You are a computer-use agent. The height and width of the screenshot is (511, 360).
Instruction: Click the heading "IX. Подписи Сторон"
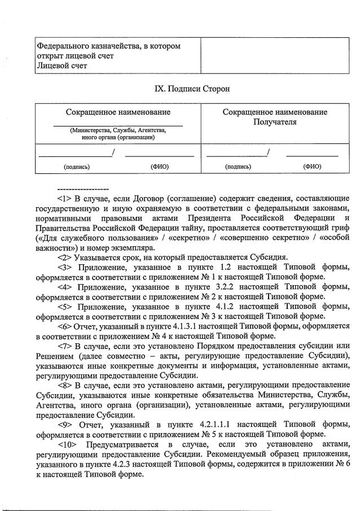(192, 89)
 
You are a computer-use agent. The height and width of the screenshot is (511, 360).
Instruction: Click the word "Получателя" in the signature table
(275, 121)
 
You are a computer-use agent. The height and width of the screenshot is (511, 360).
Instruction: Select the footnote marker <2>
(64, 257)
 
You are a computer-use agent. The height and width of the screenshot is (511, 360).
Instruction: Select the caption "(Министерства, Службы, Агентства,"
(118, 130)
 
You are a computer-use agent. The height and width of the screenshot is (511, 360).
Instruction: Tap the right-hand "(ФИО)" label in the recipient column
(311, 167)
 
